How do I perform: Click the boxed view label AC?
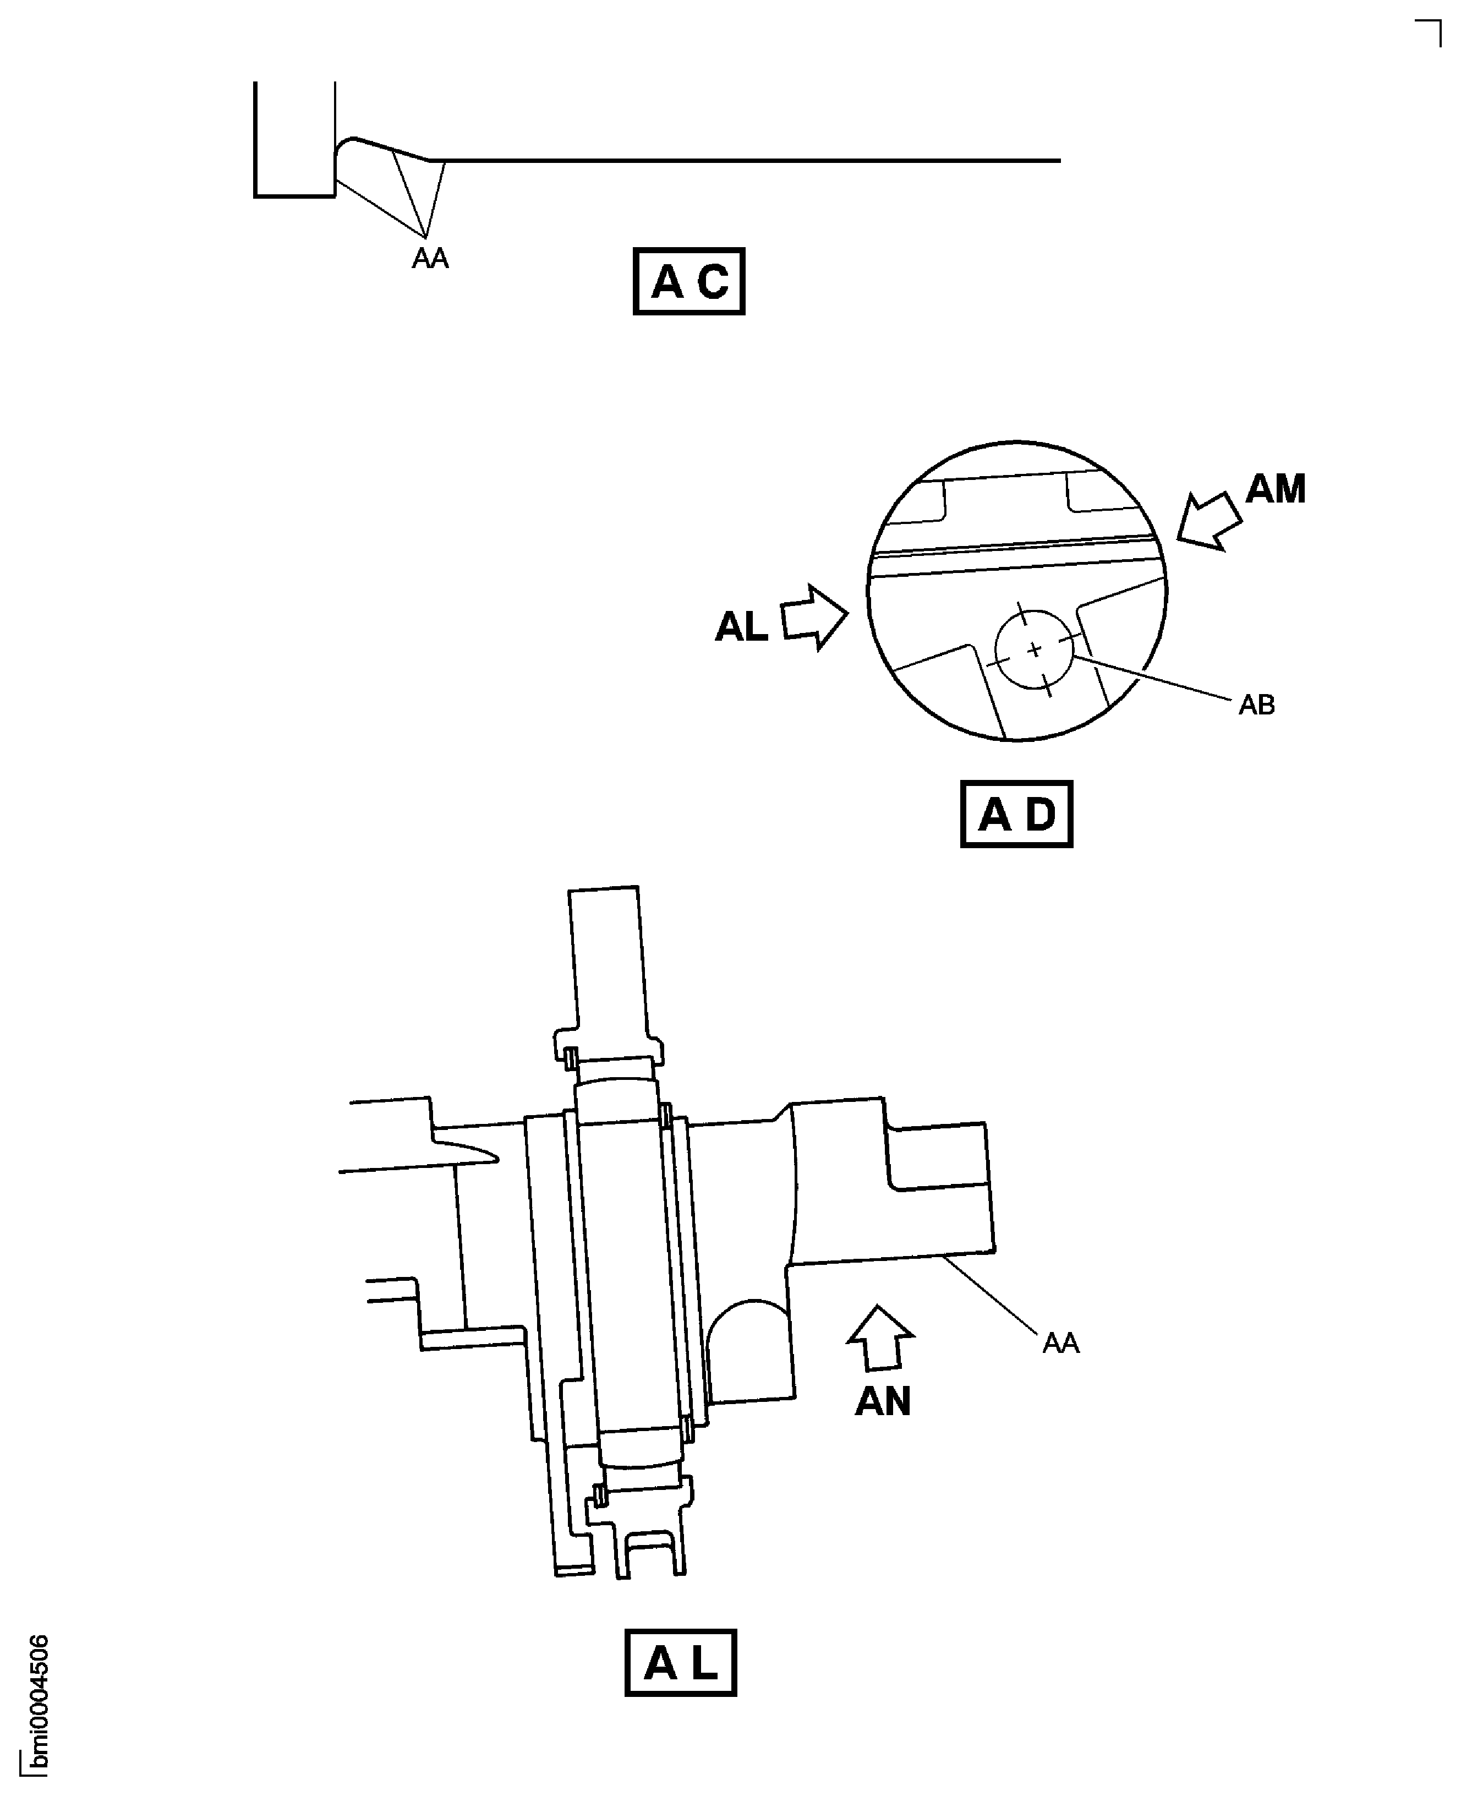[688, 281]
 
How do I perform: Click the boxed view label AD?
[1016, 814]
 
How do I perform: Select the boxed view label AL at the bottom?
[680, 1663]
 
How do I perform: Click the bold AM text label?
[1275, 489]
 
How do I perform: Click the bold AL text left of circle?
[741, 627]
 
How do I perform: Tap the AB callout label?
[1256, 705]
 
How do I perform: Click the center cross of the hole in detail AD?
[1035, 649]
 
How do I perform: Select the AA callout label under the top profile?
[430, 258]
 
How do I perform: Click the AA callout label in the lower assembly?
[1060, 1343]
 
